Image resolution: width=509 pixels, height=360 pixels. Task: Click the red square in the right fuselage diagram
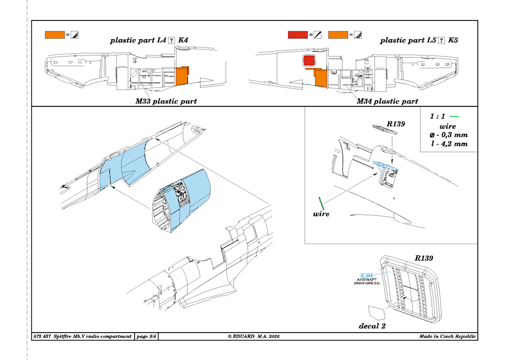309,62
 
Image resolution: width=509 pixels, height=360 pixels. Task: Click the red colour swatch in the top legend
297,35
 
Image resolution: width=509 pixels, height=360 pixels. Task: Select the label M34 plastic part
387,101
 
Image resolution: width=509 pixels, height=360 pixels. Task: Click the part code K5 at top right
453,41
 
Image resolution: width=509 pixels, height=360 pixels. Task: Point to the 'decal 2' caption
372,326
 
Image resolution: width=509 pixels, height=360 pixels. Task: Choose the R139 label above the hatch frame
424,259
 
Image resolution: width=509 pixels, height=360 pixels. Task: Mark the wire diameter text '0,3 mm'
453,135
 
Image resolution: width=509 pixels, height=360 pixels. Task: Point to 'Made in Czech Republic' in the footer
447,337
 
